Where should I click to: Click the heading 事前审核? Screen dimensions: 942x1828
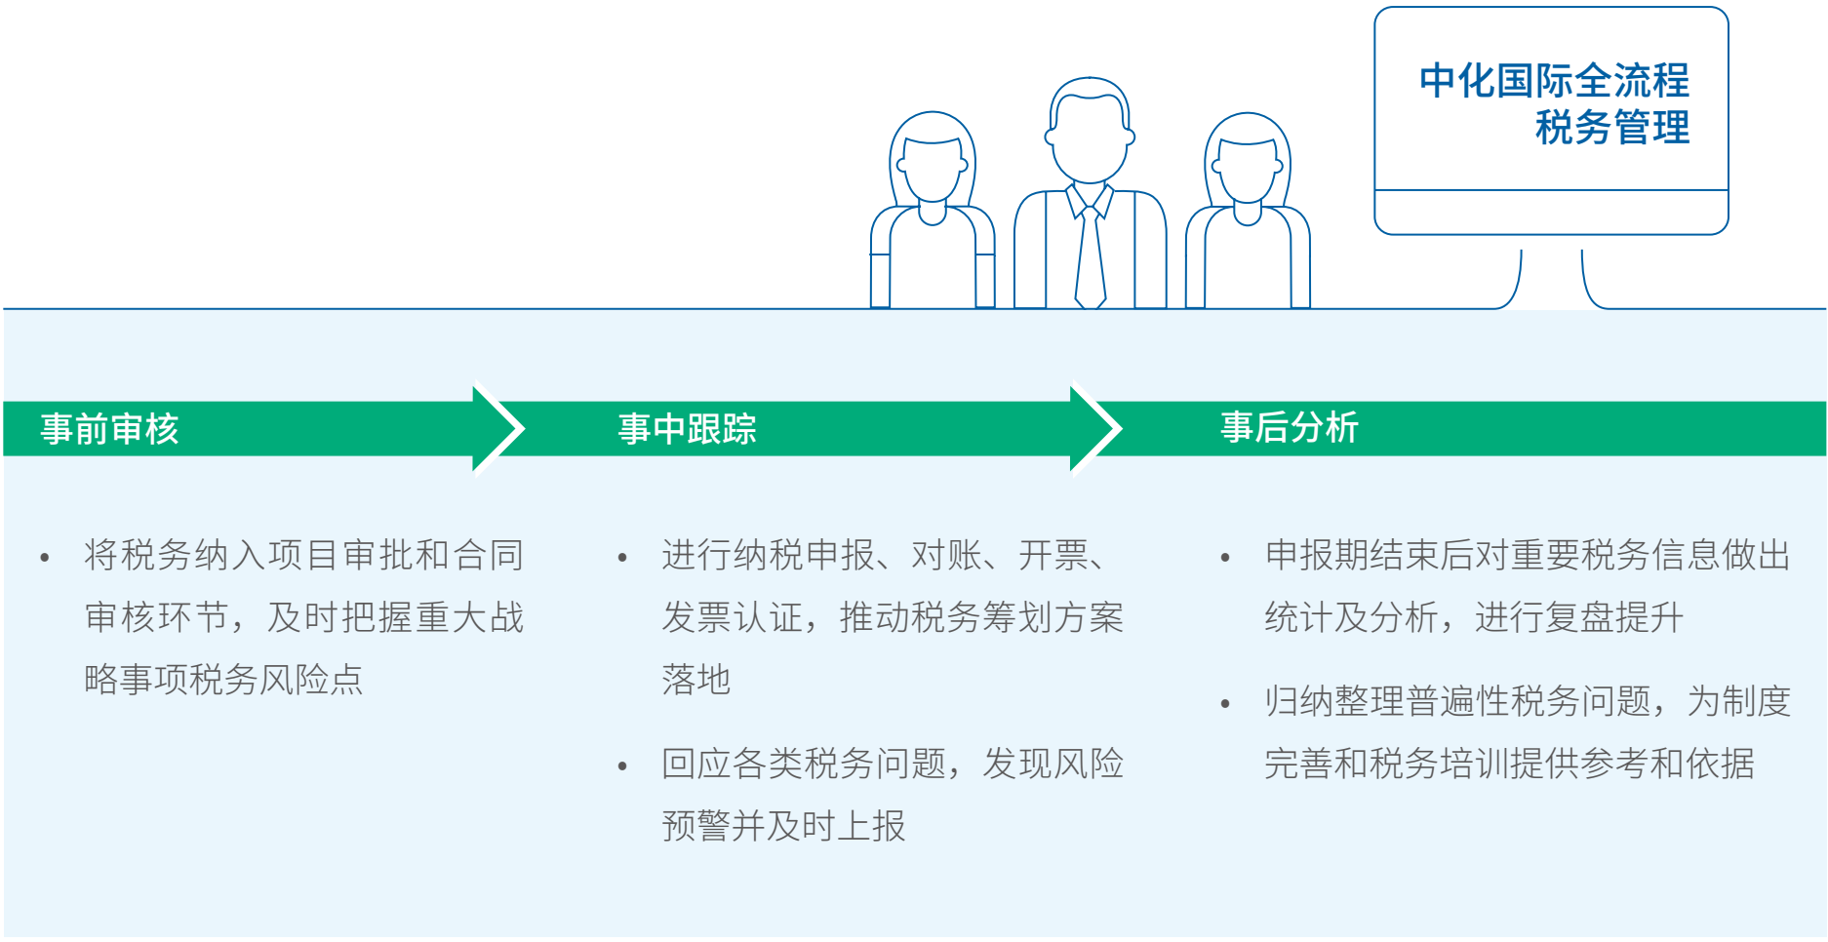(x=109, y=429)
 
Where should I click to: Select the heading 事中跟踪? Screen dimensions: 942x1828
(x=687, y=429)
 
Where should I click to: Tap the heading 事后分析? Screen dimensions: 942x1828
(x=1289, y=427)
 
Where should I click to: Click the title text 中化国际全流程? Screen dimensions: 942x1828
(x=1554, y=81)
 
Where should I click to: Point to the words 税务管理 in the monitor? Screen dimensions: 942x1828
(x=1611, y=128)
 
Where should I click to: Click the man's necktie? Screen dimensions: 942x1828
(x=1090, y=258)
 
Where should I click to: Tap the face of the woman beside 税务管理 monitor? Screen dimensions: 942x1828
(x=1247, y=168)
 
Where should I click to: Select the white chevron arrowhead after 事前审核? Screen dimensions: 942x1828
(x=500, y=429)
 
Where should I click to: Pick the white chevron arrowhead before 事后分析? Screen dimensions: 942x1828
(x=1097, y=429)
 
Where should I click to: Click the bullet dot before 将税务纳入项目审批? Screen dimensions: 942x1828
(x=45, y=558)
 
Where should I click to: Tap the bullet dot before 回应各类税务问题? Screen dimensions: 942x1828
(x=622, y=766)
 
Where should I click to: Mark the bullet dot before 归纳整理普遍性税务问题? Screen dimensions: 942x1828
(x=1225, y=704)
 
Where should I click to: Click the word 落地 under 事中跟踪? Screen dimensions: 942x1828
(x=695, y=680)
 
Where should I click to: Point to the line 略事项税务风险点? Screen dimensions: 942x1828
(x=223, y=680)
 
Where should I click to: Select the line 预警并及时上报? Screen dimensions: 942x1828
(x=783, y=826)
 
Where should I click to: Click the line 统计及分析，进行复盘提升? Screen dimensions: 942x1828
(x=1473, y=617)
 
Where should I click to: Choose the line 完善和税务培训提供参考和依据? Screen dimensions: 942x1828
(x=1509, y=764)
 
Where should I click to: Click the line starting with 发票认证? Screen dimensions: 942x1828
(x=893, y=617)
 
